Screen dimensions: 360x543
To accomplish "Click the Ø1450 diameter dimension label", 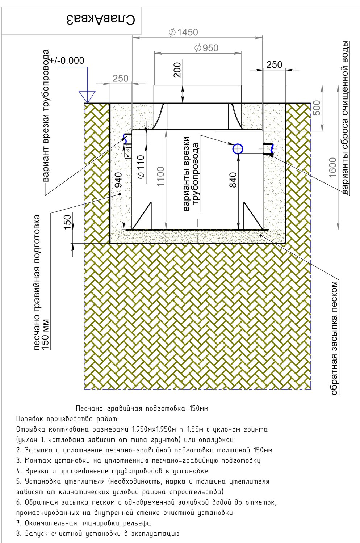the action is (x=183, y=33).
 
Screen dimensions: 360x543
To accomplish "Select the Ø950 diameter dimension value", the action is (x=206, y=48).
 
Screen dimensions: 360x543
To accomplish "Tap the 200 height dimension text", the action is (x=178, y=70).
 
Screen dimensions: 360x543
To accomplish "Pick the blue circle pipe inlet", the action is (x=238, y=148).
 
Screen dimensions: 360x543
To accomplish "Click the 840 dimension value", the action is (x=233, y=180).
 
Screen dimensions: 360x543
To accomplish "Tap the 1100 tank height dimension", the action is (x=160, y=176).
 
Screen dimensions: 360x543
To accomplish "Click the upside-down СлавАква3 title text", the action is (x=100, y=20).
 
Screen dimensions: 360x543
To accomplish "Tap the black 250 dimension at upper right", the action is (x=275, y=65).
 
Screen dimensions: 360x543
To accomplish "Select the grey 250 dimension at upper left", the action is (x=121, y=78).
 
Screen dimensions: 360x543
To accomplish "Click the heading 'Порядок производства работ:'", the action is (x=67, y=419).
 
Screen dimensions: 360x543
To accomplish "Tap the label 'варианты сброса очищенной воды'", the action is (x=346, y=117).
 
